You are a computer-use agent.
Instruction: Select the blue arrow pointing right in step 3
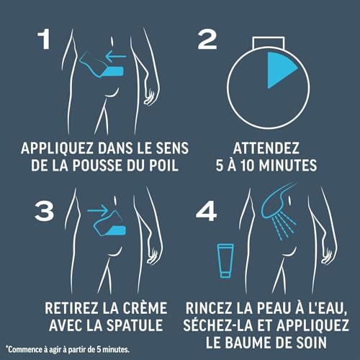pyautogui.click(x=98, y=210)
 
